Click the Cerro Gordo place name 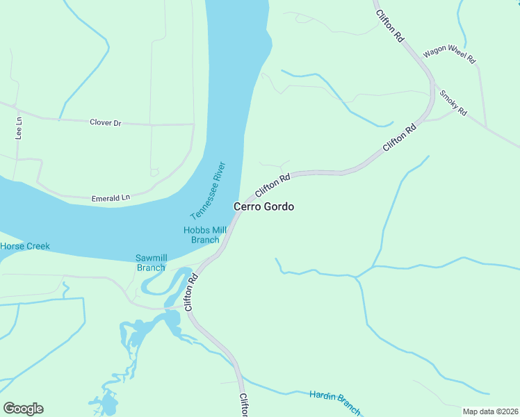263,206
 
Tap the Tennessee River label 209,191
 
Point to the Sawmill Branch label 150,263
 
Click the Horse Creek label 25,246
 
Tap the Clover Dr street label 106,122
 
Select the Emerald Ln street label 111,198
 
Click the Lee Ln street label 19,129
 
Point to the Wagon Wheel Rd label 449,54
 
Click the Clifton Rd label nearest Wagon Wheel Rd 389,27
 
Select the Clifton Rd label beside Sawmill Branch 192,291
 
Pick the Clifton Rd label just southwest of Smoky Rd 400,138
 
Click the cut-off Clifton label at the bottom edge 244,406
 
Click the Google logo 23,409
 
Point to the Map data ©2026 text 490,411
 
